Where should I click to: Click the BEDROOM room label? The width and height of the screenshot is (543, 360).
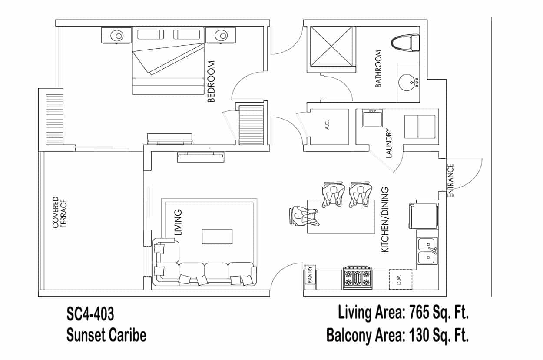211,81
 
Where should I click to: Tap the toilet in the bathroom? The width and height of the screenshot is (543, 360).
406,43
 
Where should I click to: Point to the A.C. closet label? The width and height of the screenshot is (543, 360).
327,124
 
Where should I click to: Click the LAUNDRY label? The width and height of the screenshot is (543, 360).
389,143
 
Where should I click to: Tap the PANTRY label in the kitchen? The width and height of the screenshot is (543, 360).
310,275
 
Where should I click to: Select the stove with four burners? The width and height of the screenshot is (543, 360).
358,278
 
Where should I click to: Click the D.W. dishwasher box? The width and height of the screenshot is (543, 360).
401,279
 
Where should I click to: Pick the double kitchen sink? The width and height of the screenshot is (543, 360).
427,251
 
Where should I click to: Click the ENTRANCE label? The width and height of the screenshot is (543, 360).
450,181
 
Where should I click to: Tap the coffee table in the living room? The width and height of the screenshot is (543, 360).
217,237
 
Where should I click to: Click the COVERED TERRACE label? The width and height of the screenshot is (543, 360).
60,213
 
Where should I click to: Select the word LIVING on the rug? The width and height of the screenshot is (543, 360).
178,223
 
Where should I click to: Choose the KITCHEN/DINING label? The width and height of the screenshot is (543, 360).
385,220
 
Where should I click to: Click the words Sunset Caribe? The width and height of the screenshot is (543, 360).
106,335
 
